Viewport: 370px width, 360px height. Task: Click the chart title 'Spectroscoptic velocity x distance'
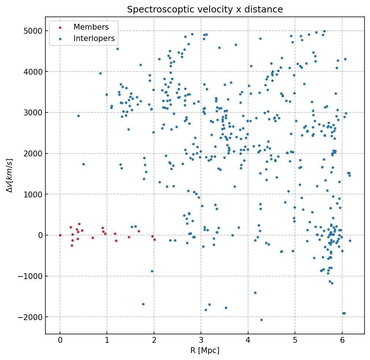205,9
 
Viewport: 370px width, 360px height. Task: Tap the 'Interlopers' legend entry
94,38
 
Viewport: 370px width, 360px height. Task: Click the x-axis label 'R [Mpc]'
205,350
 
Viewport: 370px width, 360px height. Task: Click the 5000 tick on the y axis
33,31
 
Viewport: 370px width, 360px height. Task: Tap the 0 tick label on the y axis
40,235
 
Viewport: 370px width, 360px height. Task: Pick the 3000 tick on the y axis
33,112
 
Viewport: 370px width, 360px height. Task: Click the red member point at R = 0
60,235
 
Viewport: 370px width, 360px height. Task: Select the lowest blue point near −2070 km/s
261,320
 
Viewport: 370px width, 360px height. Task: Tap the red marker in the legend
60,27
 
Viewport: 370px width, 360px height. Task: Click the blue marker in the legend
60,38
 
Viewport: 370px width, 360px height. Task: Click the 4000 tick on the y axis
33,71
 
